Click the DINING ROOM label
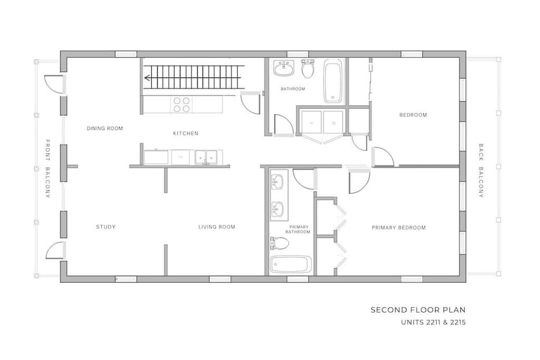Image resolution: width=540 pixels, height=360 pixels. click(105, 128)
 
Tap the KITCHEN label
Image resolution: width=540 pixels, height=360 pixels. click(185, 133)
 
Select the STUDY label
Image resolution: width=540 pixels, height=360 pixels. click(106, 227)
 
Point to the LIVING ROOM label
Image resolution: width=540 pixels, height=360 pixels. click(217, 227)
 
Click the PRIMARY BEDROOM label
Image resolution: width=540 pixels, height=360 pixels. click(398, 228)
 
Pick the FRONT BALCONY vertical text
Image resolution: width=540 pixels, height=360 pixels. click(48, 168)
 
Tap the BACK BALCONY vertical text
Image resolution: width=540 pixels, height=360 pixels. click(481, 171)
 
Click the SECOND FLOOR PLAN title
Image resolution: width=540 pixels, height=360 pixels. click(417, 310)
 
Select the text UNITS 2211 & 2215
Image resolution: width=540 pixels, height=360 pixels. click(433, 323)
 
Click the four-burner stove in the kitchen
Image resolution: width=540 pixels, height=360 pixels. click(181, 105)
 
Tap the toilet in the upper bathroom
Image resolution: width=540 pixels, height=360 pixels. click(308, 69)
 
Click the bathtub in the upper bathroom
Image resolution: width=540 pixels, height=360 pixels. click(333, 82)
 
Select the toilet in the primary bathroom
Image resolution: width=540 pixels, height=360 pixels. click(280, 244)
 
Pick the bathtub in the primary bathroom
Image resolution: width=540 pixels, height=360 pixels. click(291, 264)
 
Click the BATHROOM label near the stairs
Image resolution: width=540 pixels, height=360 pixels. click(293, 89)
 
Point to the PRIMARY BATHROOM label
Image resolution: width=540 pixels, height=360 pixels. click(297, 229)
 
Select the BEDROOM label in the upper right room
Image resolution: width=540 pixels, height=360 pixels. click(413, 115)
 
